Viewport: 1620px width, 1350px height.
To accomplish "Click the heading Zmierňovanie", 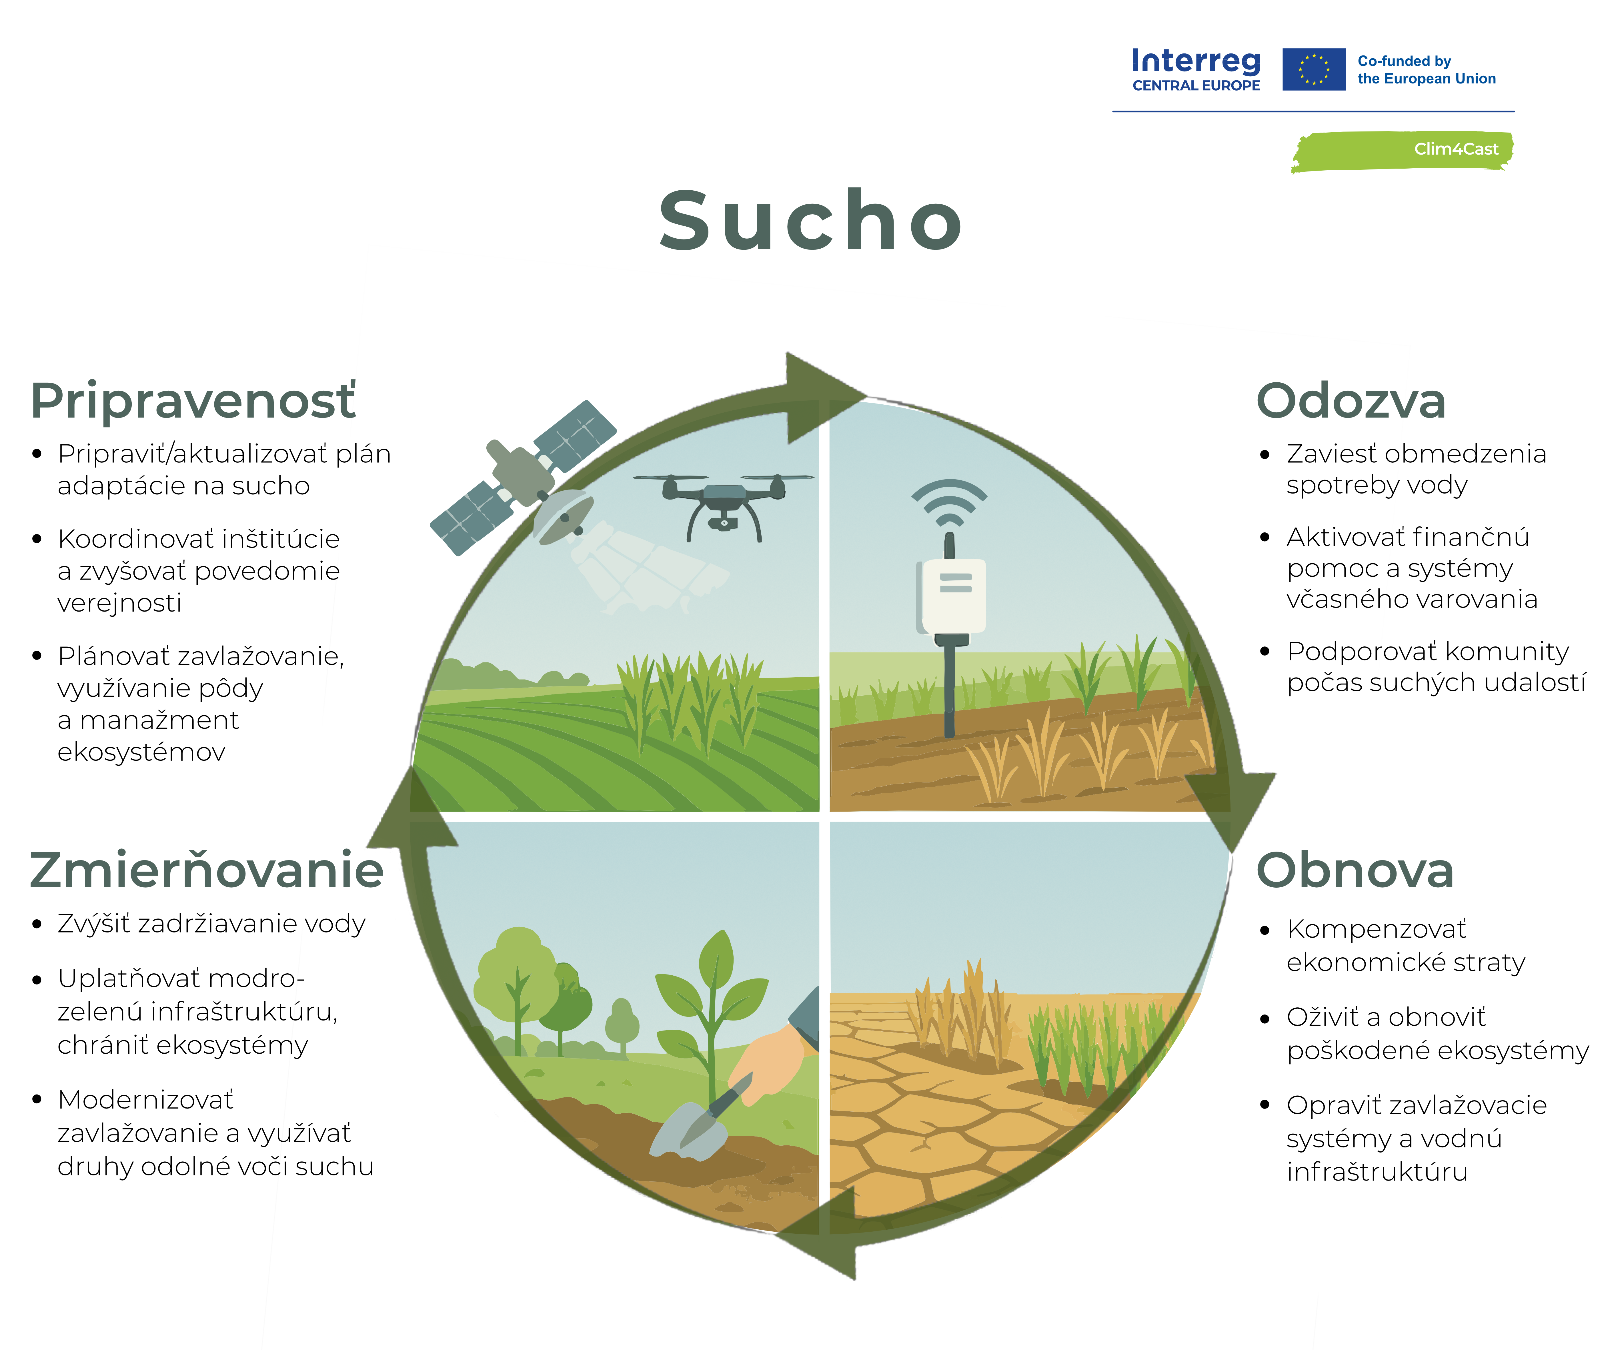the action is click(207, 870).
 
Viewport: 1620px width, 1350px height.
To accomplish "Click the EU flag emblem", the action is click(1314, 69).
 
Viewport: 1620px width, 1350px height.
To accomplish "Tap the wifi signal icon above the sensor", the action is click(949, 502).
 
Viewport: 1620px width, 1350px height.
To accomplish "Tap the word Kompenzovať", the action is click(1376, 929).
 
